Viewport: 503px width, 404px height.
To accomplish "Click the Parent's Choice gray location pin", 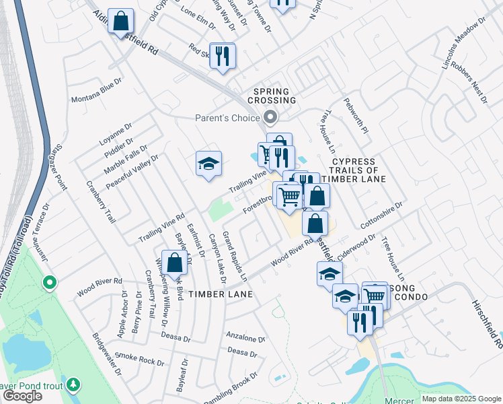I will tap(270, 118).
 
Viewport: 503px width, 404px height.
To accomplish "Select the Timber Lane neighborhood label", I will tap(221, 294).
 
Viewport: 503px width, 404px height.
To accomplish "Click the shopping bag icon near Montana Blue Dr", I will tap(121, 21).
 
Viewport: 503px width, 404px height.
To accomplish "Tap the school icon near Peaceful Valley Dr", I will tap(208, 164).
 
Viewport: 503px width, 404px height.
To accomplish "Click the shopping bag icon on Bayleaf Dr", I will tap(174, 263).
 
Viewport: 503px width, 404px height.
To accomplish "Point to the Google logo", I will tap(22, 396).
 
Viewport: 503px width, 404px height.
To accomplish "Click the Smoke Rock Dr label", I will tap(139, 358).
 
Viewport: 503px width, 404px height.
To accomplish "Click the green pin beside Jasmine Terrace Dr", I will tap(48, 283).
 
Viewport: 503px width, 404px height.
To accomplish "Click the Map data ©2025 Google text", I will tap(461, 399).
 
